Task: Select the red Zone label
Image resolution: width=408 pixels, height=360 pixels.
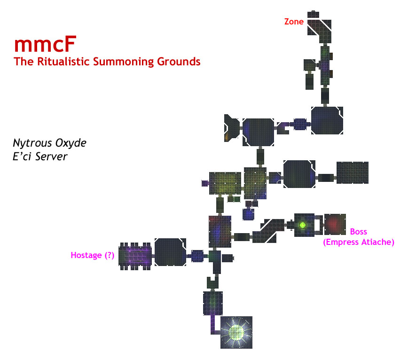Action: coord(294,22)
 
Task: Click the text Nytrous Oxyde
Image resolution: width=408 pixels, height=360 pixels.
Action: coord(49,142)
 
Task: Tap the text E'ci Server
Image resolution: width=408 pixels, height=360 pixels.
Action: coord(40,157)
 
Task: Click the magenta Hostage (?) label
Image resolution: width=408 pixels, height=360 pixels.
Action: coord(93,255)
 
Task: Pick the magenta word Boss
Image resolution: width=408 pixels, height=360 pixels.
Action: coord(359,232)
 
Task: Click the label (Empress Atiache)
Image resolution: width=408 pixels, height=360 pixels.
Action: coord(359,242)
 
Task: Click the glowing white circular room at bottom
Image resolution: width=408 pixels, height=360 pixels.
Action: coord(237,332)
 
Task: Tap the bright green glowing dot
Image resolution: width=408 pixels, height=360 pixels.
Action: coord(303,225)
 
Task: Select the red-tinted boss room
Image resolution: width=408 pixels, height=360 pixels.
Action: coord(335,224)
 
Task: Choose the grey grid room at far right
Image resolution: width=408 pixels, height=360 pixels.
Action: coord(352,172)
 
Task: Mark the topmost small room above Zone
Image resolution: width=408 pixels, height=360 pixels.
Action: coord(314,14)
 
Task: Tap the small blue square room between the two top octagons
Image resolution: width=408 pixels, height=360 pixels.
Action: coord(299,124)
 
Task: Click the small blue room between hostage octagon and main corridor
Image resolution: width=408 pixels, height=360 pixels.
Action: coord(197,256)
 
